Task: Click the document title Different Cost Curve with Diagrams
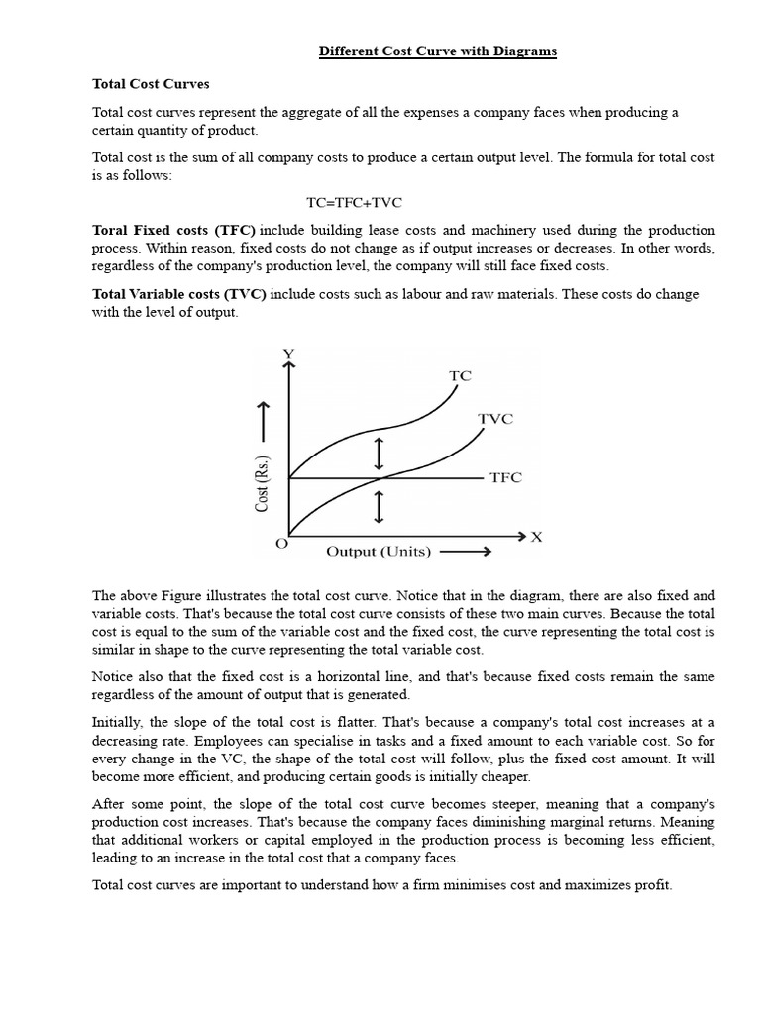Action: pyautogui.click(x=437, y=52)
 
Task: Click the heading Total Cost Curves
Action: pyautogui.click(x=151, y=85)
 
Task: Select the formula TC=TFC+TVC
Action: pyautogui.click(x=354, y=202)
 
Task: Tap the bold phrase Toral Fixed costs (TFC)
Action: pyautogui.click(x=173, y=230)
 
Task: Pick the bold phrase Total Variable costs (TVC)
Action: pyautogui.click(x=179, y=295)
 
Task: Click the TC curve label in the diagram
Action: pyautogui.click(x=460, y=376)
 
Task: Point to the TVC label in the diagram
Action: pyautogui.click(x=495, y=419)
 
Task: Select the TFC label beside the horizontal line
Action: pyautogui.click(x=505, y=478)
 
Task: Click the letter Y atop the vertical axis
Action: pyautogui.click(x=288, y=355)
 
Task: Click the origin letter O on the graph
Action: pyautogui.click(x=281, y=544)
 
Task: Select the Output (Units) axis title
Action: pyautogui.click(x=379, y=552)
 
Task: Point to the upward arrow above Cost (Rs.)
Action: pyautogui.click(x=264, y=421)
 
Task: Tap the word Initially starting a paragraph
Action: pyautogui.click(x=117, y=722)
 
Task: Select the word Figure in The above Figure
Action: pyautogui.click(x=183, y=595)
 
